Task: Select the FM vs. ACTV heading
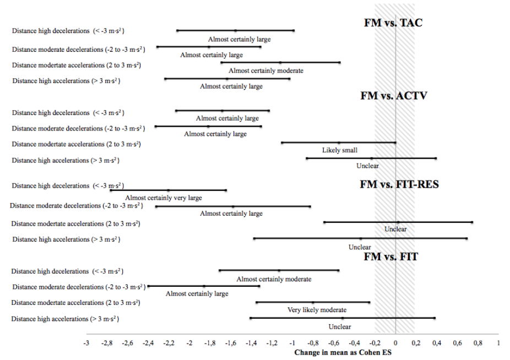(x=394, y=96)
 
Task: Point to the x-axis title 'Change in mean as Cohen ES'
(x=343, y=352)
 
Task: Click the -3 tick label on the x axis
(x=86, y=343)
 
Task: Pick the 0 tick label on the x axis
(x=395, y=343)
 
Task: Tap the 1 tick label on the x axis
(x=498, y=343)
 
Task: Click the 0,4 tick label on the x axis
(x=436, y=343)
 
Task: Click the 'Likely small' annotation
(x=339, y=150)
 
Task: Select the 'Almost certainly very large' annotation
(x=164, y=198)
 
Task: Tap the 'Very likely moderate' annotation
(x=317, y=310)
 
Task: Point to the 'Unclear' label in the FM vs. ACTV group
(x=367, y=166)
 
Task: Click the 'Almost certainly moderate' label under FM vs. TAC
(x=266, y=70)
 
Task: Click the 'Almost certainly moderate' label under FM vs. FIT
(x=274, y=279)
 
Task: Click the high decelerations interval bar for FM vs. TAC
(x=235, y=31)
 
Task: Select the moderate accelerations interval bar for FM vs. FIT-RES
(x=398, y=222)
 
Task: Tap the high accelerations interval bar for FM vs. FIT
(x=342, y=318)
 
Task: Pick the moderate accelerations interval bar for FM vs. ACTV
(x=338, y=143)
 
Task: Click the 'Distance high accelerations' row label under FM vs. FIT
(x=66, y=319)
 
